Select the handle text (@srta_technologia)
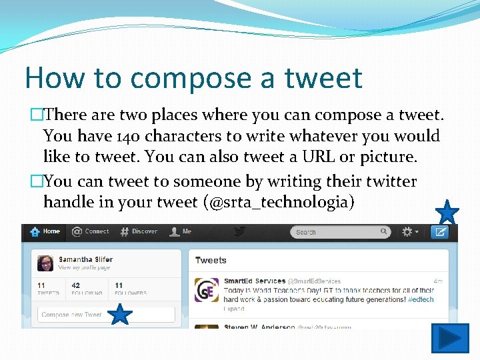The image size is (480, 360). (x=280, y=202)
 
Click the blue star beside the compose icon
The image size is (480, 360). (x=447, y=213)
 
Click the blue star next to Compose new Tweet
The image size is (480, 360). (x=120, y=314)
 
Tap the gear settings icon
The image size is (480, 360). (x=408, y=232)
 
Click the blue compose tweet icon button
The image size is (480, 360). (x=439, y=232)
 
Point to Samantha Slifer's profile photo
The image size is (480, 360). (x=45, y=263)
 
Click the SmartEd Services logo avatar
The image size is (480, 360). (x=206, y=289)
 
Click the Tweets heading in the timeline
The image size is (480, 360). (x=211, y=261)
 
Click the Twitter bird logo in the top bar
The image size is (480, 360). (x=240, y=231)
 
